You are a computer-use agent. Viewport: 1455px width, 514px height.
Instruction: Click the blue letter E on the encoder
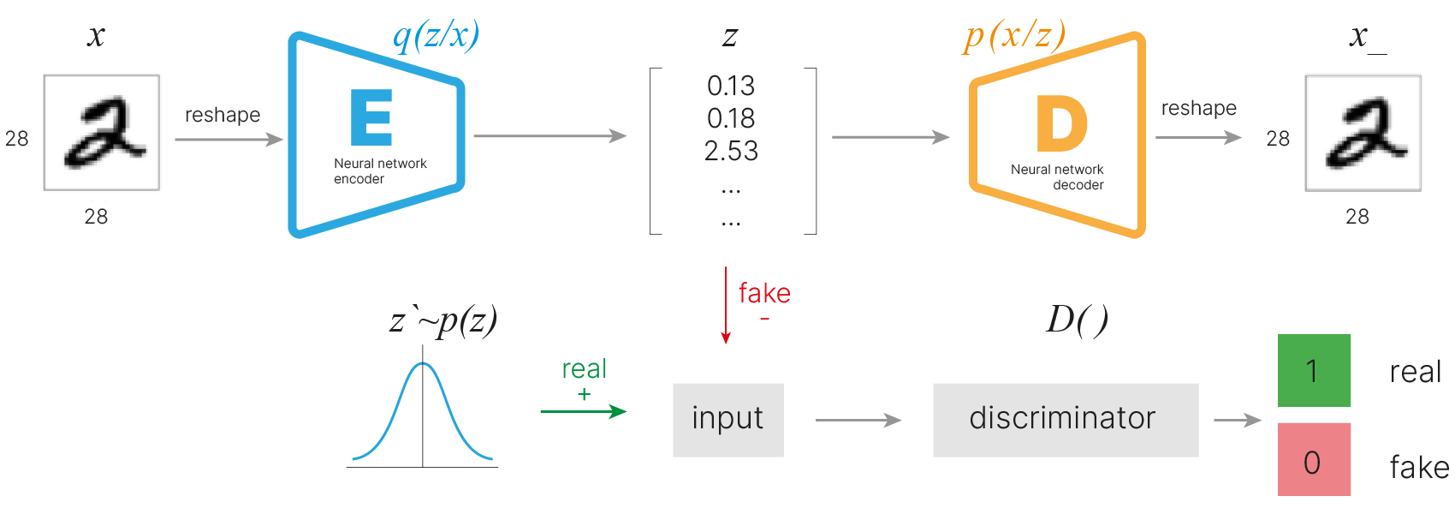click(x=371, y=117)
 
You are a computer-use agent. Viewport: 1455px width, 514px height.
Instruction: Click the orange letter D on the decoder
click(x=1061, y=123)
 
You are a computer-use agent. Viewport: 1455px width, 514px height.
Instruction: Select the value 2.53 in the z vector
click(x=731, y=151)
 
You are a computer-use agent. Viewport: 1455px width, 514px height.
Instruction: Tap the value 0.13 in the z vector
click(x=731, y=86)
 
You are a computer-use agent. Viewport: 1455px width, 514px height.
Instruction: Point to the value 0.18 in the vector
click(x=731, y=118)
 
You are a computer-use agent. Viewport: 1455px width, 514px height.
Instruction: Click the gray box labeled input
click(x=727, y=419)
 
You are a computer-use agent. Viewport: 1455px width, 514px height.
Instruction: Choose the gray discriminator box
click(x=1065, y=419)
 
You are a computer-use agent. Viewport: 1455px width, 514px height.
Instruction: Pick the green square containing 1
click(x=1314, y=370)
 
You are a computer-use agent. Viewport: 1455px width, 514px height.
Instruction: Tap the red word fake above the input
click(x=764, y=294)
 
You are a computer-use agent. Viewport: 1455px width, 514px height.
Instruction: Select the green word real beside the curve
click(x=584, y=369)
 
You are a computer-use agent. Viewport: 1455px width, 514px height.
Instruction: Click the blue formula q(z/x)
click(x=436, y=35)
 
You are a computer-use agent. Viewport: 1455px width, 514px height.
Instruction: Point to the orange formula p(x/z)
click(x=1014, y=35)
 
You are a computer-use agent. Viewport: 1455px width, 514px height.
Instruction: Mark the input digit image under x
click(x=102, y=133)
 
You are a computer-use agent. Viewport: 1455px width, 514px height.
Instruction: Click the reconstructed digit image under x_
click(x=1363, y=133)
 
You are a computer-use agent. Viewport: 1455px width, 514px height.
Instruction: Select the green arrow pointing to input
click(x=583, y=412)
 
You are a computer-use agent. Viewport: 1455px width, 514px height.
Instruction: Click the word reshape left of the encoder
click(x=223, y=115)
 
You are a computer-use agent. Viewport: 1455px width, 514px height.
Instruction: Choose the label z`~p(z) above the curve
click(x=442, y=320)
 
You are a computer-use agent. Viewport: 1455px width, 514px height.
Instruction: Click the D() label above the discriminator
click(x=1077, y=320)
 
